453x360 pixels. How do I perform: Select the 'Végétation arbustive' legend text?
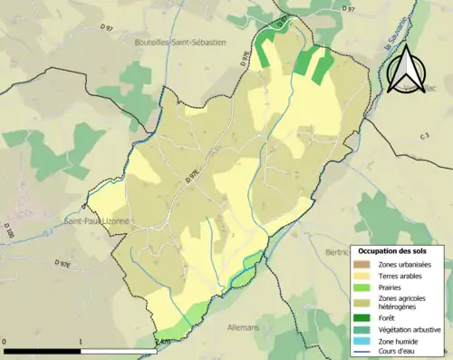(x=410, y=330)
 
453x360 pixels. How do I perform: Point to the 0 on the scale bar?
(x=5, y=343)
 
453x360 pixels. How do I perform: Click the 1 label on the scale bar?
(x=81, y=343)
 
